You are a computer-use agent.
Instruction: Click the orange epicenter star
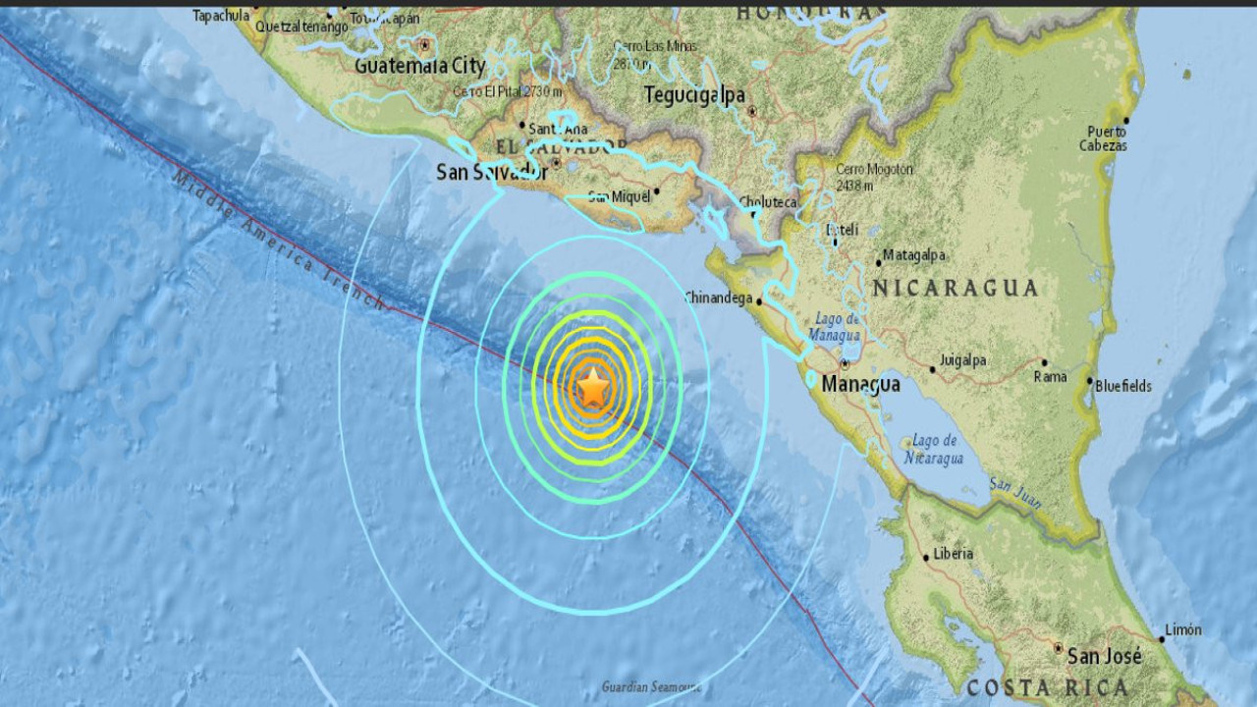point(593,390)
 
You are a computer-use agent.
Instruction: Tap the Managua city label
point(860,384)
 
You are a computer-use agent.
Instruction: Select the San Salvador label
point(491,173)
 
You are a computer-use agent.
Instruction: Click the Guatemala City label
point(419,67)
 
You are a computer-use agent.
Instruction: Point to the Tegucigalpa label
point(694,95)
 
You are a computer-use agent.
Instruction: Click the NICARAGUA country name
point(955,288)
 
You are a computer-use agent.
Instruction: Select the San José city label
point(1105,656)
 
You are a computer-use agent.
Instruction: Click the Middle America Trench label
point(280,242)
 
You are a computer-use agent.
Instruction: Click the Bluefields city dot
point(1089,380)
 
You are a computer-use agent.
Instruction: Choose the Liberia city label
point(953,554)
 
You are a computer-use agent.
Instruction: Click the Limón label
point(1182,629)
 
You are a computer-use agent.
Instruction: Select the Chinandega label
point(717,298)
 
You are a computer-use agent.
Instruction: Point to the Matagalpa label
point(913,255)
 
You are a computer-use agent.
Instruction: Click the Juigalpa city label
point(962,360)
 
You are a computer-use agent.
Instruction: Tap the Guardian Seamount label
point(651,686)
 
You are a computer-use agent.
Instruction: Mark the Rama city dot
point(1044,362)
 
